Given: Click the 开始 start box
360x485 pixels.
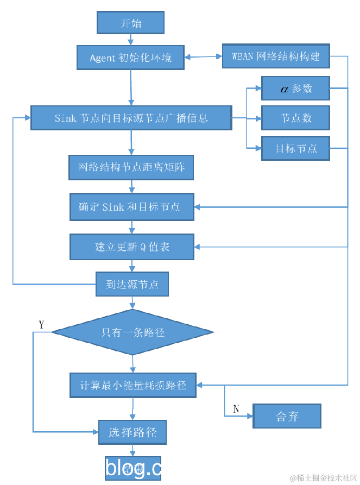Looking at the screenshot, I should pyautogui.click(x=130, y=23).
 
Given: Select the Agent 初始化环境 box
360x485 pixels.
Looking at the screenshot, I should pyautogui.click(x=130, y=57).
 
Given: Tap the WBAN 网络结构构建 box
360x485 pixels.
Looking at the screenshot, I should pyautogui.click(x=276, y=56).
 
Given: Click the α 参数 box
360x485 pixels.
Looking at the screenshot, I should pyautogui.click(x=295, y=89).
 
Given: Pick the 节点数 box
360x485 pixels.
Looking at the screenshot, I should pyautogui.click(x=295, y=118).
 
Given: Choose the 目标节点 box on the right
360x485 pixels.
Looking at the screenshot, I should pyautogui.click(x=295, y=148).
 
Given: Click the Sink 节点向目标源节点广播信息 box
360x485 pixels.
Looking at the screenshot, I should pyautogui.click(x=131, y=118).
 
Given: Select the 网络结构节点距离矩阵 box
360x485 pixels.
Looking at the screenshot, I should pyautogui.click(x=131, y=167).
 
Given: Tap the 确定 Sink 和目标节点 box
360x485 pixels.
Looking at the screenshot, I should pyautogui.click(x=131, y=207).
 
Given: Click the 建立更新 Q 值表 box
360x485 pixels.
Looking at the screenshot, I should pyautogui.click(x=131, y=247).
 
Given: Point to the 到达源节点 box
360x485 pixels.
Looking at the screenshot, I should pyautogui.click(x=131, y=284).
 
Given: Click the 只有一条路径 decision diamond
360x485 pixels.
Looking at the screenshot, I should pyautogui.click(x=132, y=332).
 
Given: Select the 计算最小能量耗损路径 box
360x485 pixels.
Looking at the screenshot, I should pyautogui.click(x=133, y=385).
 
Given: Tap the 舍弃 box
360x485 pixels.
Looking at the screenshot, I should pyautogui.click(x=287, y=417).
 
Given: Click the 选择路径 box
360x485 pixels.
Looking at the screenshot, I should pyautogui.click(x=132, y=432).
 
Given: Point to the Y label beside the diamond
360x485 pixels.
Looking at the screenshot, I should pyautogui.click(x=41, y=324).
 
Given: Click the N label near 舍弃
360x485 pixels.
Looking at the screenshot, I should pyautogui.click(x=236, y=408).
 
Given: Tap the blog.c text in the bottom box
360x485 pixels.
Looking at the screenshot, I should pyautogui.click(x=133, y=468).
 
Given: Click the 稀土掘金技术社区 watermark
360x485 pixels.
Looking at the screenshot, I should pyautogui.click(x=323, y=477).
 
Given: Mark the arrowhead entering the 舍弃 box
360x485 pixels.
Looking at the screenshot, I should pyautogui.click(x=250, y=417).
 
